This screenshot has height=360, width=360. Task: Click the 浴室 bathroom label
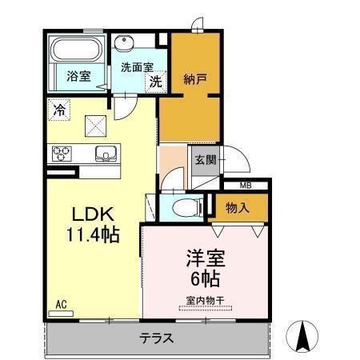[x=78, y=77]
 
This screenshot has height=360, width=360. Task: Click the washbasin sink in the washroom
[x=125, y=45]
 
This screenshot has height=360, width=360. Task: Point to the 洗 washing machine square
[x=156, y=80]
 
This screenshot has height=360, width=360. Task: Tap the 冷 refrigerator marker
[x=58, y=110]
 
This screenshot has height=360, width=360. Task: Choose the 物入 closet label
[x=237, y=208]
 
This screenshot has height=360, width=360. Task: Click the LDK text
[x=95, y=215]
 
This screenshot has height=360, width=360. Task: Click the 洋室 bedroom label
[x=206, y=261]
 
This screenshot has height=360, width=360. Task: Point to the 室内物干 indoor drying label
[x=206, y=301]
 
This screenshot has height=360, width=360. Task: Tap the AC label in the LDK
[x=61, y=305]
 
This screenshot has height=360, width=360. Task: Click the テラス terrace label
[x=157, y=338]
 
